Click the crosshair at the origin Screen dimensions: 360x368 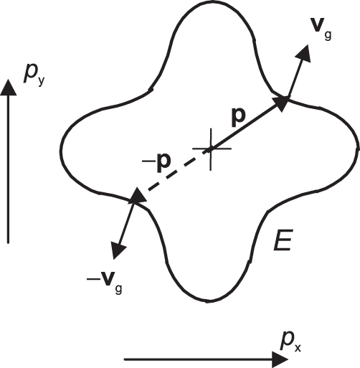[211, 149]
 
